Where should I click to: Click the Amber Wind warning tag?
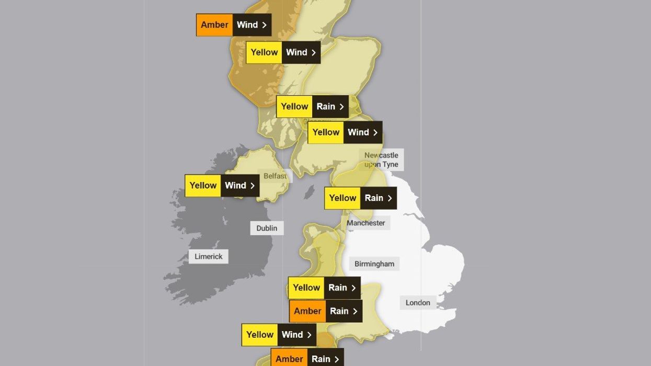234,25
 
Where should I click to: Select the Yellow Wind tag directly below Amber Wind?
283,52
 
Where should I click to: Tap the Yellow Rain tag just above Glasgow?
312,107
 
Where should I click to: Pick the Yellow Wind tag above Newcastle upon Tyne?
345,132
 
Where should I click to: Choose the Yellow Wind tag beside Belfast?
222,186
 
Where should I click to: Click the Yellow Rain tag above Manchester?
360,198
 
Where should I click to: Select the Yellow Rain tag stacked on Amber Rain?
324,288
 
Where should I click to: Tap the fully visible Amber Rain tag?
325,311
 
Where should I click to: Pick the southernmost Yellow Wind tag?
279,335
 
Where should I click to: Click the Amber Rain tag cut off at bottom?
307,358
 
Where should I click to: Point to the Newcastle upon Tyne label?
381,159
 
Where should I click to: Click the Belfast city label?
275,176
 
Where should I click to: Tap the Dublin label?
267,228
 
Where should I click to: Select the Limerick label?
209,256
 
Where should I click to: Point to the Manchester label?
366,223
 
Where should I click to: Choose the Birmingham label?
374,264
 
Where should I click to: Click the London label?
418,302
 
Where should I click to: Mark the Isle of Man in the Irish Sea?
310,191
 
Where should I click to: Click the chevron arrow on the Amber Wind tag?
265,25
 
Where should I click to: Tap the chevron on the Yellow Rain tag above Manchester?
390,198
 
